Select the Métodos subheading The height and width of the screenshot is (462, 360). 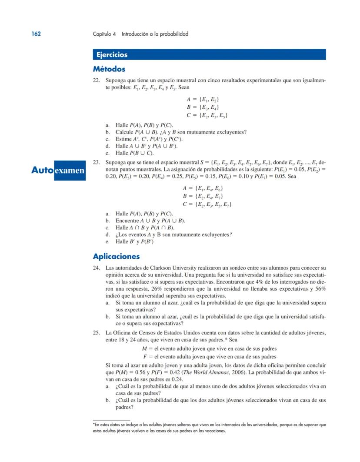[x=109, y=69]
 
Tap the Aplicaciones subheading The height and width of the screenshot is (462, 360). [x=116, y=256]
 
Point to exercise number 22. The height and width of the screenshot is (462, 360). [x=97, y=80]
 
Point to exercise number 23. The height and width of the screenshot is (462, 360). [x=97, y=162]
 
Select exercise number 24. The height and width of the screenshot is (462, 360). [x=97, y=268]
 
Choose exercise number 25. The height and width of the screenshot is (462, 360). [x=97, y=332]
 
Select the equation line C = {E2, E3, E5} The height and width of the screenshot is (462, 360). [x=207, y=115]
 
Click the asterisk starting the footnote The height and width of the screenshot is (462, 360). [x=94, y=424]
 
